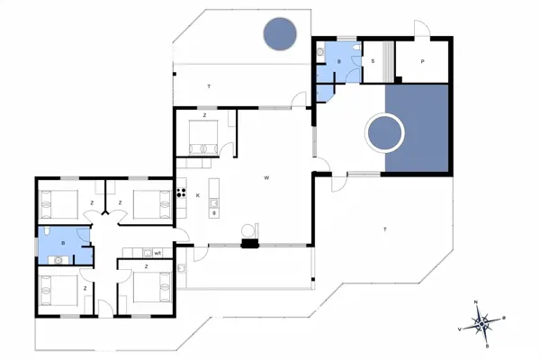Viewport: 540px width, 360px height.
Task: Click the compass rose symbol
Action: coord(483,321)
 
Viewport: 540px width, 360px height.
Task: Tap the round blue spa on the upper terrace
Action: coord(280,34)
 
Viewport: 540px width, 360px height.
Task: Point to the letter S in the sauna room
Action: coord(373,62)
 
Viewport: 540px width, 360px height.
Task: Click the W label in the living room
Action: coord(266,178)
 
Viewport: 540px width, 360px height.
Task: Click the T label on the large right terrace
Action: coord(385,230)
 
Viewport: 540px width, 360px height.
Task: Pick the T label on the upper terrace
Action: coord(208,85)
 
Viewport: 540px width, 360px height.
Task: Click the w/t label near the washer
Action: coord(157,253)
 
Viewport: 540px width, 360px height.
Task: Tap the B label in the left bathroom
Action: coord(63,242)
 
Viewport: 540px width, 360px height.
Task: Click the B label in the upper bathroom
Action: coord(339,61)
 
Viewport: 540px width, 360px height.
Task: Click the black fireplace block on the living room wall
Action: coord(248,242)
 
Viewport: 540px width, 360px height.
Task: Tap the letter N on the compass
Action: coord(477,303)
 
